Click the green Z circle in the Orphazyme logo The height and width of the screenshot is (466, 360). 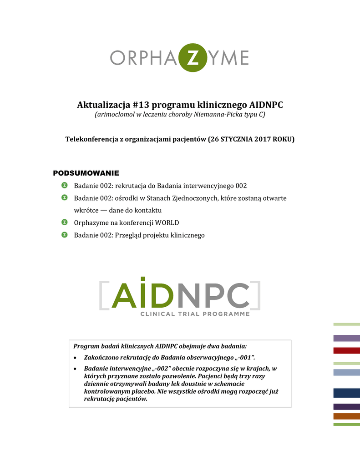click(x=193, y=58)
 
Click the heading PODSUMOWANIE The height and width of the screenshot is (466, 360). click(x=86, y=173)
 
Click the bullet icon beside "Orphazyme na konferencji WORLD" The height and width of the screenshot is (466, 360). click(x=65, y=222)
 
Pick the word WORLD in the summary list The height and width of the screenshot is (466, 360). click(x=167, y=223)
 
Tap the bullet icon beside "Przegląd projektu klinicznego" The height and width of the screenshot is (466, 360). click(x=65, y=234)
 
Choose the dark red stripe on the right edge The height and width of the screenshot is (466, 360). click(x=346, y=350)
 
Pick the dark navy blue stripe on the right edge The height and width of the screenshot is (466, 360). click(x=346, y=393)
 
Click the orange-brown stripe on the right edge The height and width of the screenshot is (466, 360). click(x=346, y=416)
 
